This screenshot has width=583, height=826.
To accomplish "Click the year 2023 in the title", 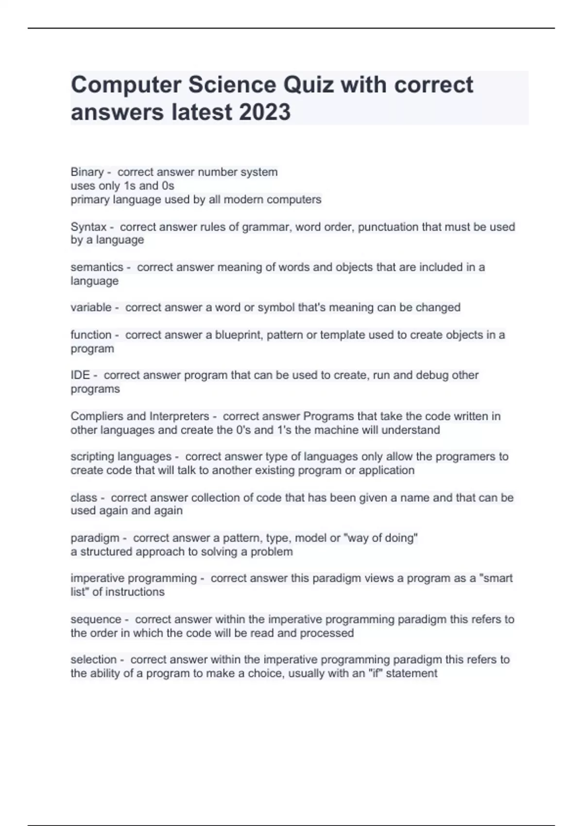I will coord(264,112).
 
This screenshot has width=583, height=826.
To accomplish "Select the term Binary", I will coord(87,172).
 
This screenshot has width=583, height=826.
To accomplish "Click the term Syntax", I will coord(88,227).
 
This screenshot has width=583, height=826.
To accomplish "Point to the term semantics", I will coord(97,267).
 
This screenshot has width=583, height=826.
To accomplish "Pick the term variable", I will coord(91,308).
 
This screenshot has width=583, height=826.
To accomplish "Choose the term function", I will coord(91,335).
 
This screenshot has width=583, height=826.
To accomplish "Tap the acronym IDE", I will coord(80,375).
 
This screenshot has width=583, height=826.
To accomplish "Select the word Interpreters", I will coord(179,416).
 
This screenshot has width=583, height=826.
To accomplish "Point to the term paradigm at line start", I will coord(95,538).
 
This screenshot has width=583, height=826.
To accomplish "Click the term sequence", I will coord(96,619).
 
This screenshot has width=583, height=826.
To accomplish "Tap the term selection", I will coord(94,660).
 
